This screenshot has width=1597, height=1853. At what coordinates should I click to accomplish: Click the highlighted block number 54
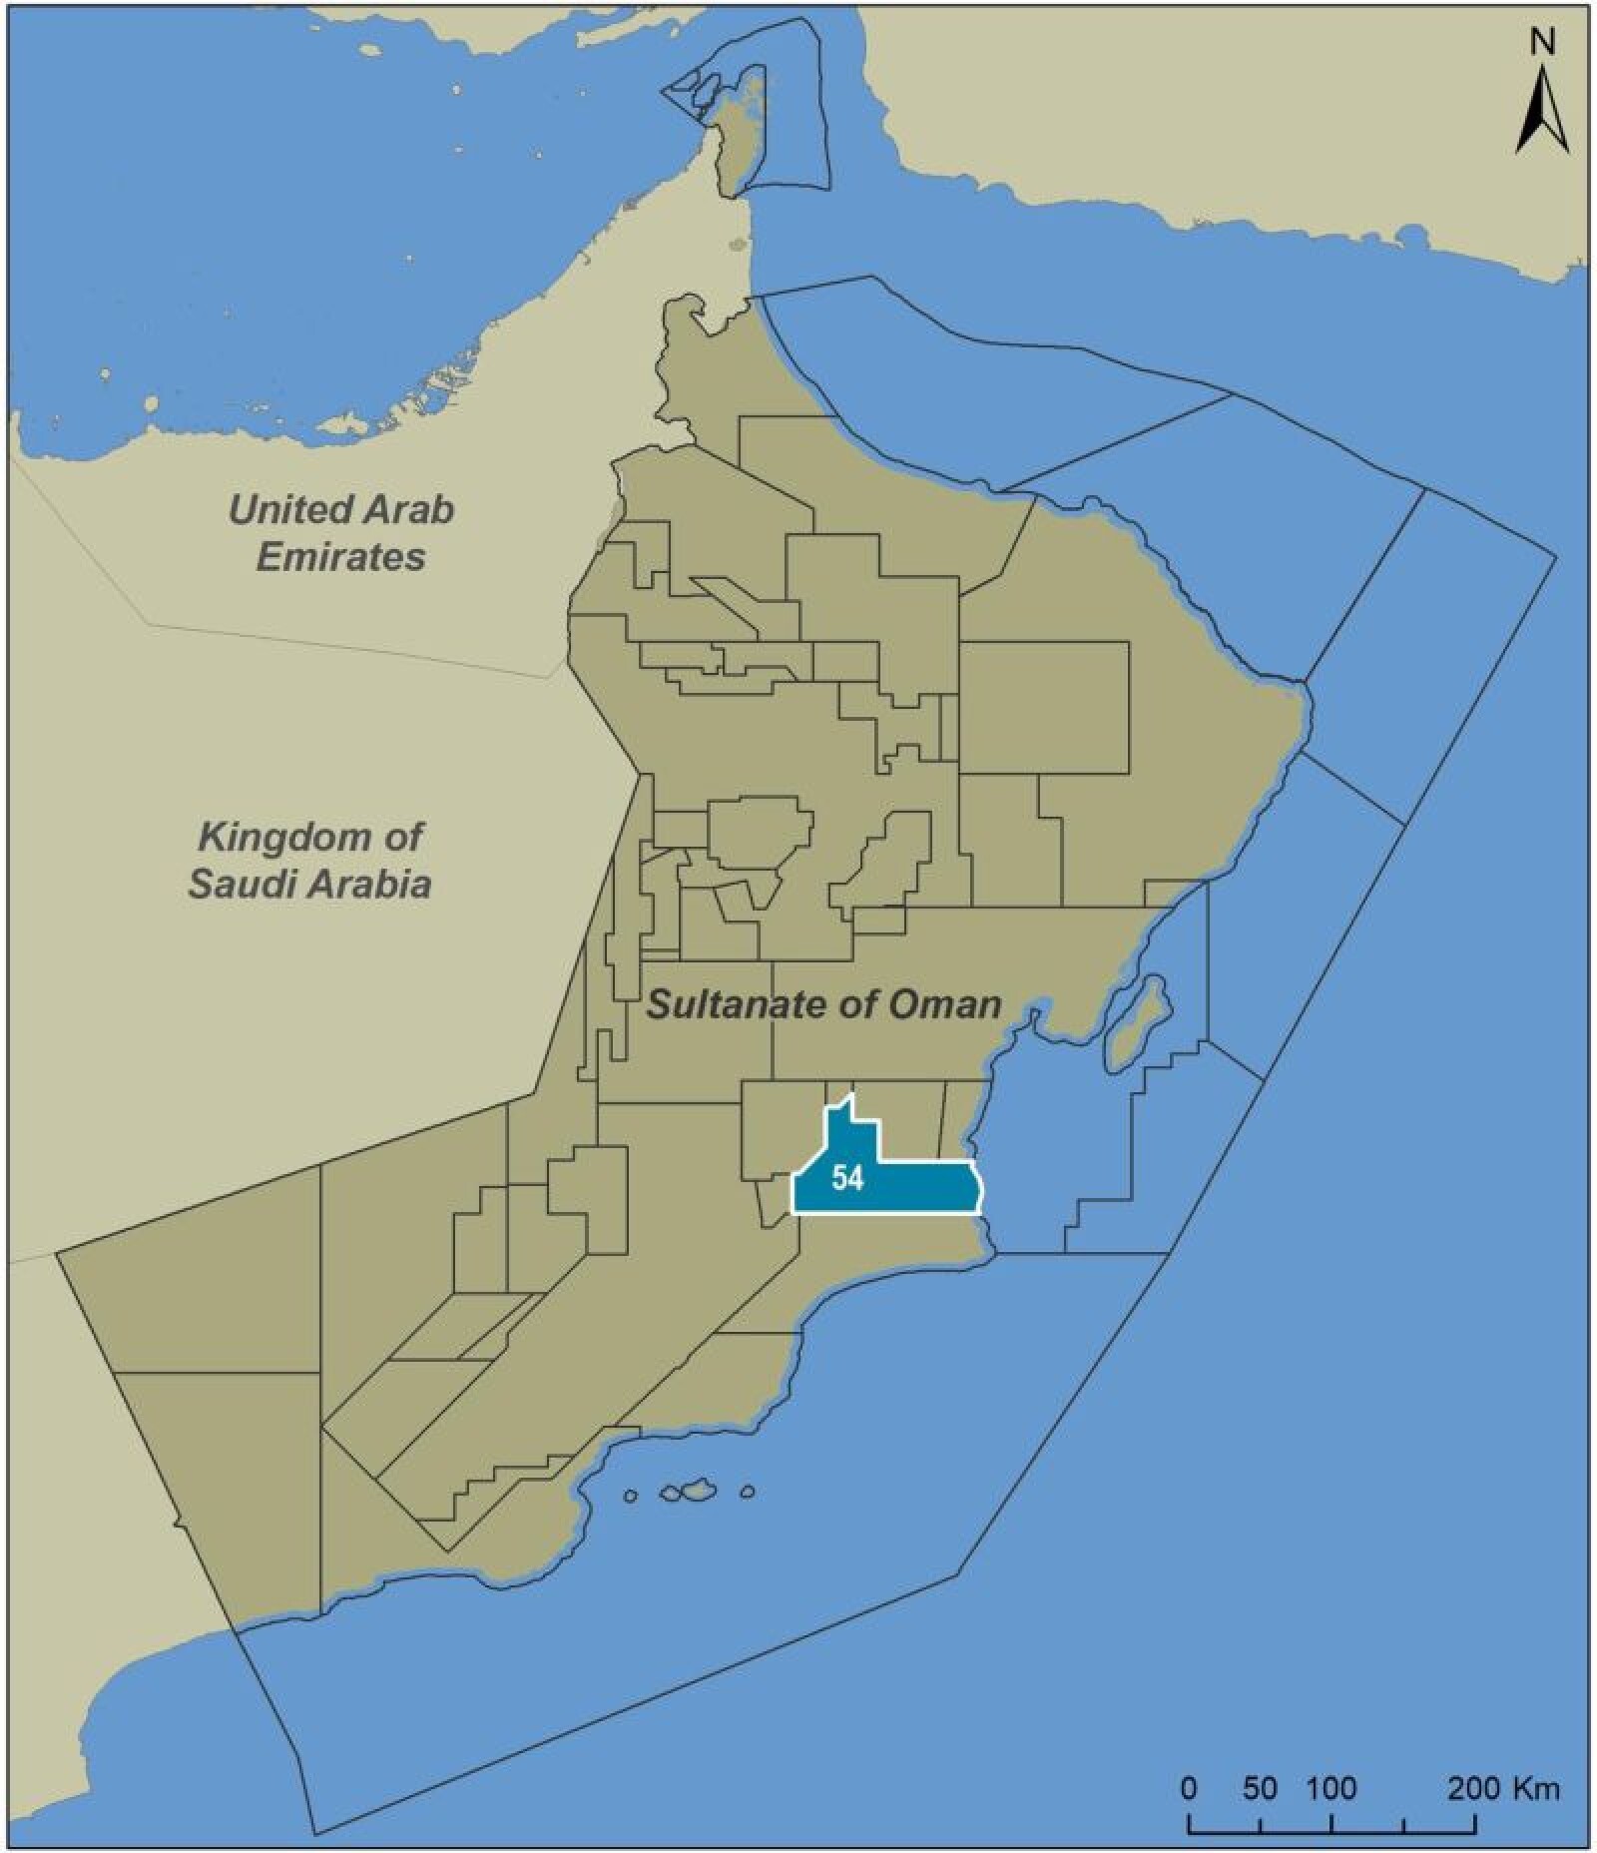pyautogui.click(x=846, y=1179)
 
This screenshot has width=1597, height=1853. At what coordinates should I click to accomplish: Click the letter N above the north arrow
pyautogui.click(x=1542, y=42)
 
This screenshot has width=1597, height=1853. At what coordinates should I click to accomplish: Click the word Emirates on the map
pyautogui.click(x=340, y=556)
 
